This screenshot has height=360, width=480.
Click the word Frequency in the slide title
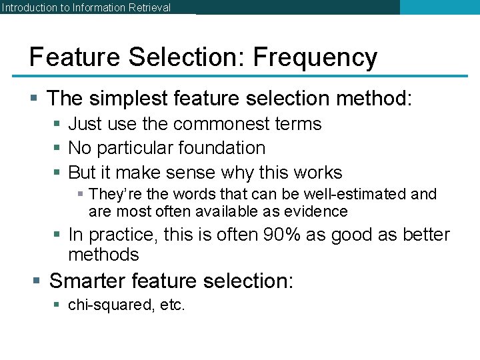click(x=315, y=58)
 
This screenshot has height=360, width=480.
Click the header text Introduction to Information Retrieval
click(x=86, y=8)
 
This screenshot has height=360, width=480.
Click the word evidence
click(x=321, y=212)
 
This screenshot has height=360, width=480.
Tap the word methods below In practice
click(x=103, y=255)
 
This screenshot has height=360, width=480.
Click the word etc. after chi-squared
click(x=171, y=306)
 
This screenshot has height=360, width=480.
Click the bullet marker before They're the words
click(x=80, y=195)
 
